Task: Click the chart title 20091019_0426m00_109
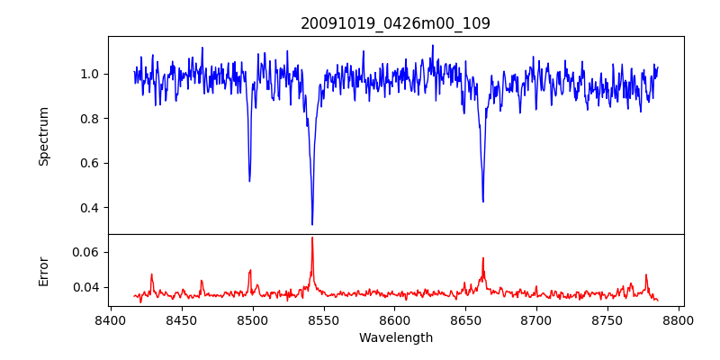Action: (x=395, y=23)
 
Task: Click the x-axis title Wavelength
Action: (x=395, y=338)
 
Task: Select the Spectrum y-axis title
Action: (x=44, y=136)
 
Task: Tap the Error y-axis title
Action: (x=44, y=271)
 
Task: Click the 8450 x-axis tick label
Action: (x=182, y=320)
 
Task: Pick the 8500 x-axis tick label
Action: (x=253, y=320)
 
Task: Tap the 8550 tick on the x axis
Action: (x=324, y=320)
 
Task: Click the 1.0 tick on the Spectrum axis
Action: (x=91, y=74)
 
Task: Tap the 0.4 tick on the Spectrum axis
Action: (x=91, y=208)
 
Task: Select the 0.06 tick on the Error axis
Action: (x=86, y=252)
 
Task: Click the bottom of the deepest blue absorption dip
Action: (x=312, y=224)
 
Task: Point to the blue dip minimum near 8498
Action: (x=249, y=181)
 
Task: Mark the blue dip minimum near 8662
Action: (x=483, y=201)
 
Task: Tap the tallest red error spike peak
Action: (x=312, y=238)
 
